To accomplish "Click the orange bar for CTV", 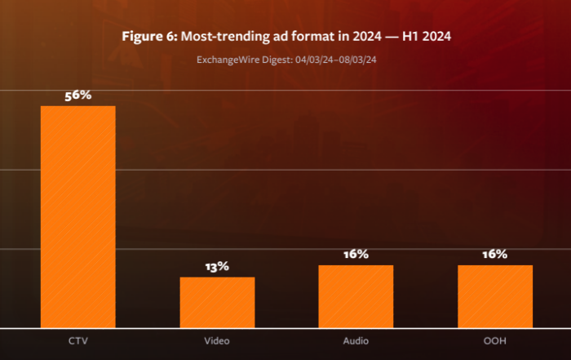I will pyautogui.click(x=78, y=216).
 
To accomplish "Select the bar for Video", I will pyautogui.click(x=217, y=302).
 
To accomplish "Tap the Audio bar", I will pyautogui.click(x=356, y=296).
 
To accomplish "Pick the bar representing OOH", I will pyautogui.click(x=495, y=296).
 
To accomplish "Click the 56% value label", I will pyautogui.click(x=78, y=96).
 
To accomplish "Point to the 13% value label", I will pyautogui.click(x=217, y=266).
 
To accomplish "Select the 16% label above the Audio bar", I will pyautogui.click(x=356, y=255).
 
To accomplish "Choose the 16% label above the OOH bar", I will pyautogui.click(x=495, y=255).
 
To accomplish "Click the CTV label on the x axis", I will pyautogui.click(x=78, y=340).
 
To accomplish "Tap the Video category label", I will pyautogui.click(x=217, y=340).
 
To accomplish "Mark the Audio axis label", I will pyautogui.click(x=356, y=340).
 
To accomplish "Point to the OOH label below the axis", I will pyautogui.click(x=495, y=340).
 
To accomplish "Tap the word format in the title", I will pyautogui.click(x=305, y=37).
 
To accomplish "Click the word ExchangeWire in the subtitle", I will pyautogui.click(x=225, y=59).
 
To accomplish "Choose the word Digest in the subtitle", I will pyautogui.click(x=272, y=59).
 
